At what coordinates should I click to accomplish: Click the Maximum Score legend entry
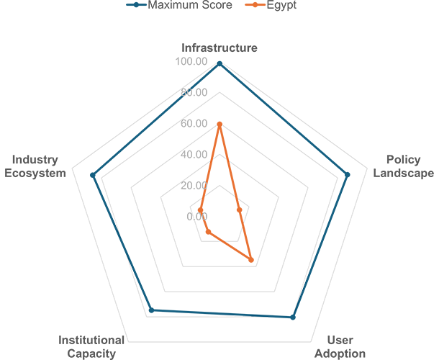tap(179, 5)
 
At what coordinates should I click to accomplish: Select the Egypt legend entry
tap(271, 5)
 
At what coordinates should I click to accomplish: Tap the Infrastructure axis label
tap(219, 48)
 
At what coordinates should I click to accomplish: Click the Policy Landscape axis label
tap(404, 166)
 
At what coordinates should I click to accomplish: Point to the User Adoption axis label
tap(340, 347)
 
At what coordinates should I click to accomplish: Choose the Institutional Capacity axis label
tap(91, 347)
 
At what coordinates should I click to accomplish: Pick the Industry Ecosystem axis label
tap(35, 166)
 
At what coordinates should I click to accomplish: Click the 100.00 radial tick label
tap(191, 61)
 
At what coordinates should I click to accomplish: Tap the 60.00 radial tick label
tap(194, 124)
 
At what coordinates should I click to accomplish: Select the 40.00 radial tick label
tap(194, 154)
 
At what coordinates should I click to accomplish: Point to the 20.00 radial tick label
tap(194, 186)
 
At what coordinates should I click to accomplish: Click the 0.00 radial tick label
tap(196, 217)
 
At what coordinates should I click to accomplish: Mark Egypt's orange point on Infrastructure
tap(219, 124)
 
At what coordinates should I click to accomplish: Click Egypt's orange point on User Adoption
tap(251, 260)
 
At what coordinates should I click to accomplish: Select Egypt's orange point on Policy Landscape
tap(239, 210)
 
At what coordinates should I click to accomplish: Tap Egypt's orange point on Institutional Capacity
tap(208, 232)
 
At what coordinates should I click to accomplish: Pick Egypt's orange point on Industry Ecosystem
tap(200, 210)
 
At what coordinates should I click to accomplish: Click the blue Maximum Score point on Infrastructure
tap(219, 64)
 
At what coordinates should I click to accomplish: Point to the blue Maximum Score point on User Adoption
tap(293, 318)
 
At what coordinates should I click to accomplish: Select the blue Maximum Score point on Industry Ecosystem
tap(92, 176)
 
